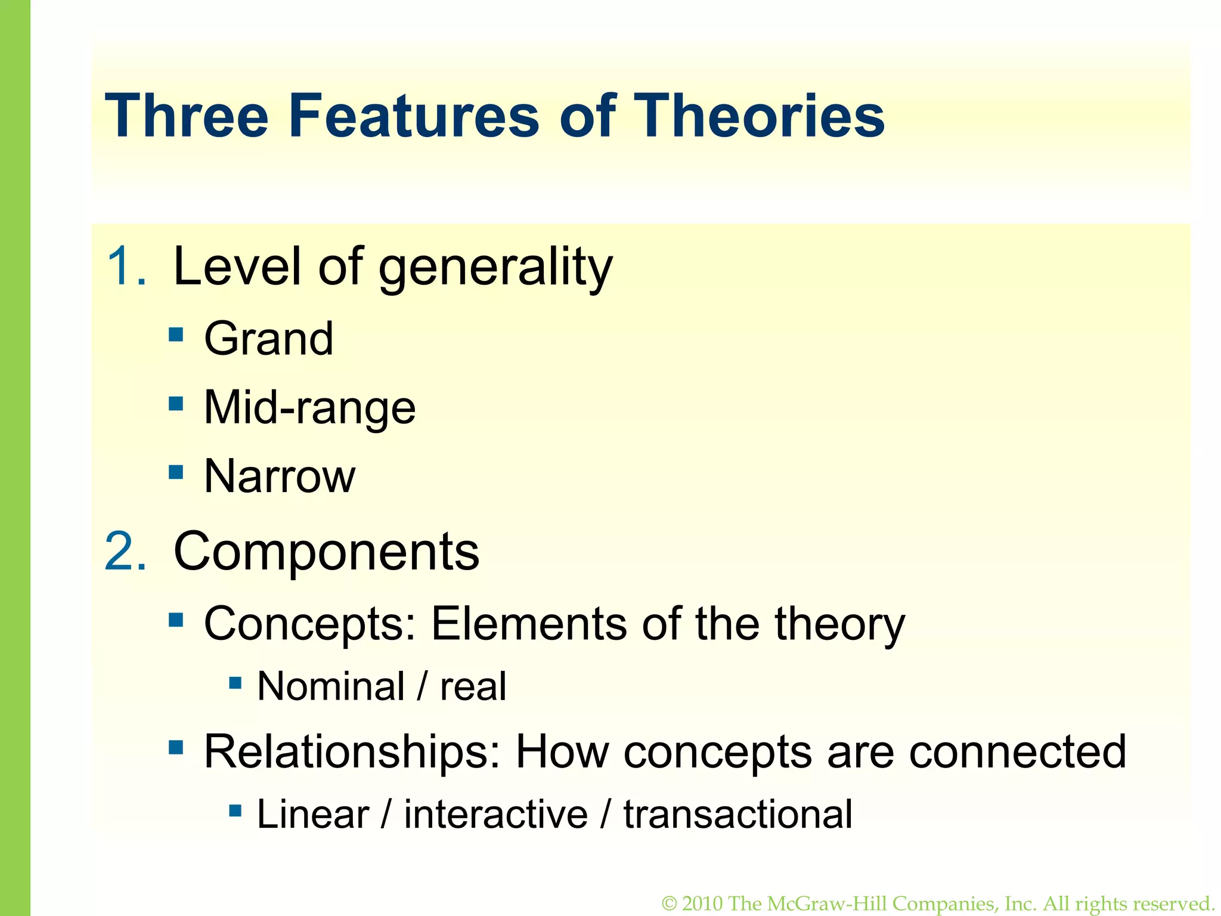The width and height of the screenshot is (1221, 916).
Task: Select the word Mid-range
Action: (x=309, y=408)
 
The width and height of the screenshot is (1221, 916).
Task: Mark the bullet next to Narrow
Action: (x=176, y=472)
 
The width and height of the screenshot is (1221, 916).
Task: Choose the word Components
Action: (x=326, y=552)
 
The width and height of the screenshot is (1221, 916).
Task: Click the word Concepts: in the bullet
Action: (x=309, y=624)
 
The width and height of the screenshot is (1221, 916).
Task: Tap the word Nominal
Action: (x=331, y=686)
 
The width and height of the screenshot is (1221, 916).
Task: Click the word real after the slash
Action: (x=473, y=686)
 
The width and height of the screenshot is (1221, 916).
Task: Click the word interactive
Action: (x=495, y=814)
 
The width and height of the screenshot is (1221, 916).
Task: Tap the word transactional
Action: (x=737, y=814)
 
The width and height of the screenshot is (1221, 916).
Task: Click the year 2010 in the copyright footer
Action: (x=702, y=903)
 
